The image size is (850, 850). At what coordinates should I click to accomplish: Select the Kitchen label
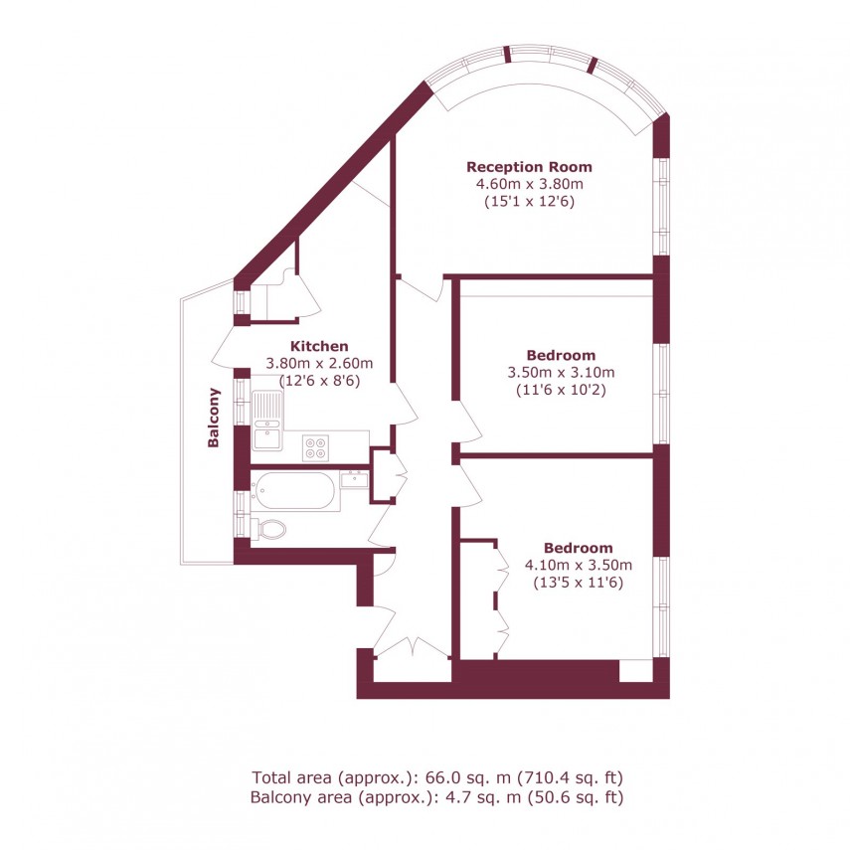[318, 346]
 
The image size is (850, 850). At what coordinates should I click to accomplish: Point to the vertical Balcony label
[213, 418]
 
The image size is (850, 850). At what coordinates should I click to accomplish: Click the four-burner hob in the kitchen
[316, 447]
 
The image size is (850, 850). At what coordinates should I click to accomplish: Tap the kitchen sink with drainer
[267, 420]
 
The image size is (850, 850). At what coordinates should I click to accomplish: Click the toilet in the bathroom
[268, 528]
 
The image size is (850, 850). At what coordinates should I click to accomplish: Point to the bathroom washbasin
[354, 479]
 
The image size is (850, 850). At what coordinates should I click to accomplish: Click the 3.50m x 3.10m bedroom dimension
[561, 373]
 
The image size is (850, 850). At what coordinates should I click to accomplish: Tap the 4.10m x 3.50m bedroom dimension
[578, 566]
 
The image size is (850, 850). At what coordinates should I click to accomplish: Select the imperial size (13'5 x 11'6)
[578, 583]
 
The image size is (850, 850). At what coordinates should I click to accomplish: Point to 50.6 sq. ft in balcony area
[581, 796]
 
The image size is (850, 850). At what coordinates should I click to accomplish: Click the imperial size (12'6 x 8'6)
[318, 380]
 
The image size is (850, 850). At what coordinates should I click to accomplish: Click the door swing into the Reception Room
[423, 287]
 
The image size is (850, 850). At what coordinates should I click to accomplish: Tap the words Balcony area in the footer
[295, 796]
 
